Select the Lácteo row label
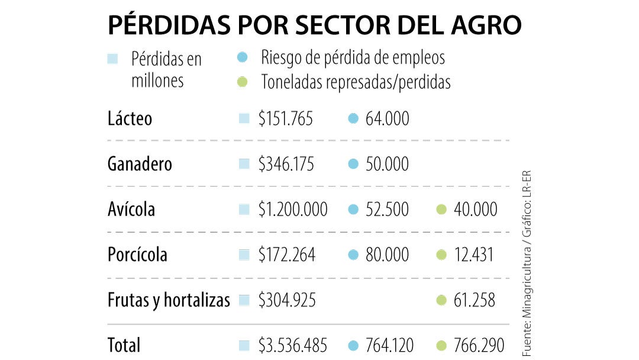[130, 118]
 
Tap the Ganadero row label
[140, 163]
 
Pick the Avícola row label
[131, 209]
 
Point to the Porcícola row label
[137, 255]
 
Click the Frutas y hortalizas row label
[169, 300]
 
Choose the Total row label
[124, 345]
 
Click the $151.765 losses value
[285, 118]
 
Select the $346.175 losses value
[285, 164]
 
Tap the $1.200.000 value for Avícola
[292, 209]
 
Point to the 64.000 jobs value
[387, 118]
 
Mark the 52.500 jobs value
[387, 209]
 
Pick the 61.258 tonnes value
[474, 300]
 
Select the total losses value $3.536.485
[292, 345]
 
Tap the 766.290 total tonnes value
[479, 345]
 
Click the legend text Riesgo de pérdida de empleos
[353, 57]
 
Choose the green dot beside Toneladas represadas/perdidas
[241, 82]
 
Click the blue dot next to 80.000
[354, 255]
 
